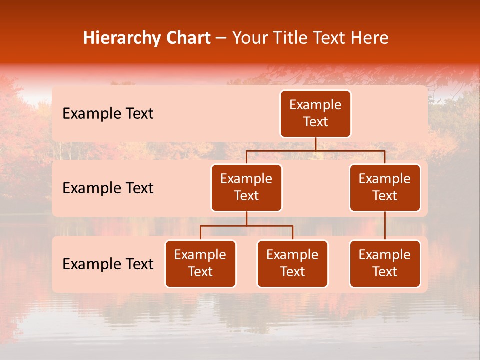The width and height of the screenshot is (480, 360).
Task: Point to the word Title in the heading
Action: [291, 38]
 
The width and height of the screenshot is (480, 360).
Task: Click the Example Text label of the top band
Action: [108, 114]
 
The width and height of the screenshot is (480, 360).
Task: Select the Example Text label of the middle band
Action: [108, 188]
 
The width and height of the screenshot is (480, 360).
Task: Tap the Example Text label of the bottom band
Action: [108, 264]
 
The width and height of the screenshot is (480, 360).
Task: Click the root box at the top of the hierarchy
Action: [315, 114]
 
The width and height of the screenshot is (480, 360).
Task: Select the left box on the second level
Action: [246, 188]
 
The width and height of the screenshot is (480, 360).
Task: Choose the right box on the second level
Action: [385, 188]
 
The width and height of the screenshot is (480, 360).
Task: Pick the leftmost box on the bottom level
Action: [200, 264]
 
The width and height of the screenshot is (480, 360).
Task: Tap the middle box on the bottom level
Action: [292, 264]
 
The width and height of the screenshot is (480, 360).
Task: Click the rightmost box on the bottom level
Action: [385, 264]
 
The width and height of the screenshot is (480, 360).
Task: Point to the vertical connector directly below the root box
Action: [315, 144]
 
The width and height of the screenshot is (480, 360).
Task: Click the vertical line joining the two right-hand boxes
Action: [385, 226]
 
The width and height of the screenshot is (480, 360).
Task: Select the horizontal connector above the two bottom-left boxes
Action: [246, 226]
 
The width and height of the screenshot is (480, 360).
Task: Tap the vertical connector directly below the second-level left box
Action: [246, 219]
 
